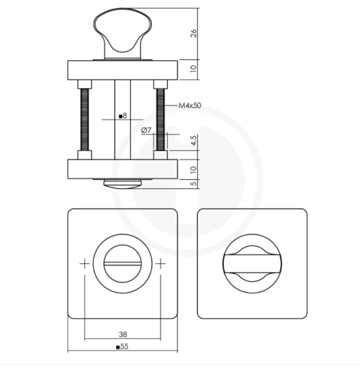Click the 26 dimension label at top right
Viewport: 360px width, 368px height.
coord(193,34)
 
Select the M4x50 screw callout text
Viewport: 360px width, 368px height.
coord(189,106)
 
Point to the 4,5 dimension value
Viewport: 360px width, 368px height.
coord(193,141)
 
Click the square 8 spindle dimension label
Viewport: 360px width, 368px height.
coord(123,116)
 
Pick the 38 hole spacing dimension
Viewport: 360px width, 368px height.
coord(123,334)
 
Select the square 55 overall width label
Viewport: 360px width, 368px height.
coord(122,347)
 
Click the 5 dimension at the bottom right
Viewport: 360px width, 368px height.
coord(193,184)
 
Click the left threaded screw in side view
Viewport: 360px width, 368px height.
coord(84,120)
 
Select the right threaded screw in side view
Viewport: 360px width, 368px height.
coord(160,120)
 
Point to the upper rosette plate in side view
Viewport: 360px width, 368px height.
coord(123,69)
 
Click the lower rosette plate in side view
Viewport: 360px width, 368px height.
coord(123,169)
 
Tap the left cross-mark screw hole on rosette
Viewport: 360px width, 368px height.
coord(84,264)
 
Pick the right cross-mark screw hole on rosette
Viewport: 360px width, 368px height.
coord(160,264)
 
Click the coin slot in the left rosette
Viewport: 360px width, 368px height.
coord(123,264)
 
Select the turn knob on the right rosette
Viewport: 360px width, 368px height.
coord(252,264)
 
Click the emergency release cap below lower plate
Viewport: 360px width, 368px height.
coord(123,184)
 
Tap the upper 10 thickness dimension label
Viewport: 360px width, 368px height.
coord(193,69)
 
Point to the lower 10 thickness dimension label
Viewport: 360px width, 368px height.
coord(193,169)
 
